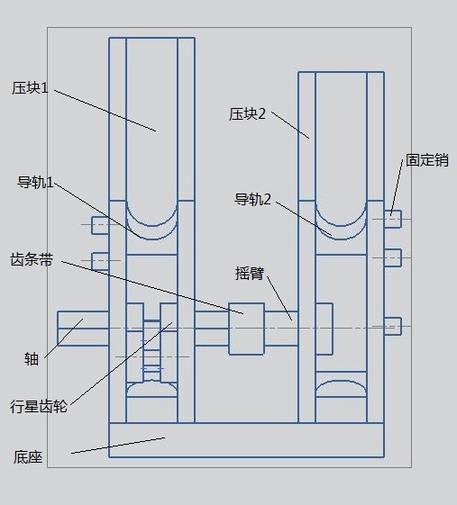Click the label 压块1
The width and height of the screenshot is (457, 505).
point(30,88)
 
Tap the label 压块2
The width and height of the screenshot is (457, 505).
point(247,114)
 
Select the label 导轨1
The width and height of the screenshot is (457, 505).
point(35,183)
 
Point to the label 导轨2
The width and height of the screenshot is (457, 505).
point(252,199)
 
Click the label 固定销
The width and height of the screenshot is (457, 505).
point(427,160)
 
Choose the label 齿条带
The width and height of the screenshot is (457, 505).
point(32,259)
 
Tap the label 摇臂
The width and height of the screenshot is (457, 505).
point(250,274)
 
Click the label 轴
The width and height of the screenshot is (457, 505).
point(32,359)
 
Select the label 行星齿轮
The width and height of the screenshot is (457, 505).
point(39,407)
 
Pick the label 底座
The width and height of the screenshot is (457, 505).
point(28,457)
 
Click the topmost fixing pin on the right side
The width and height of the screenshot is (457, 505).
point(392,219)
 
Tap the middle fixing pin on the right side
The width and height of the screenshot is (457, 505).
point(392,257)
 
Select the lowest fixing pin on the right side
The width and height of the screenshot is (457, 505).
point(392,326)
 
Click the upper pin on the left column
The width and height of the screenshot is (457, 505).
point(100,225)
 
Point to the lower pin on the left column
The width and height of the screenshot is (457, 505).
point(100,261)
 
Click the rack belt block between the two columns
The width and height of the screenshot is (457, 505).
point(247,329)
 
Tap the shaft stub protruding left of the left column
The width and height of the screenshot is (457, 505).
point(83,329)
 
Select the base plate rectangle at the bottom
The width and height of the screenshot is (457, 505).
point(246,440)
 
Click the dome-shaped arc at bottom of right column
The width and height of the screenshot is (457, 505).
point(342,382)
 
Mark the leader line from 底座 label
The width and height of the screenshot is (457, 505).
point(118,446)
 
